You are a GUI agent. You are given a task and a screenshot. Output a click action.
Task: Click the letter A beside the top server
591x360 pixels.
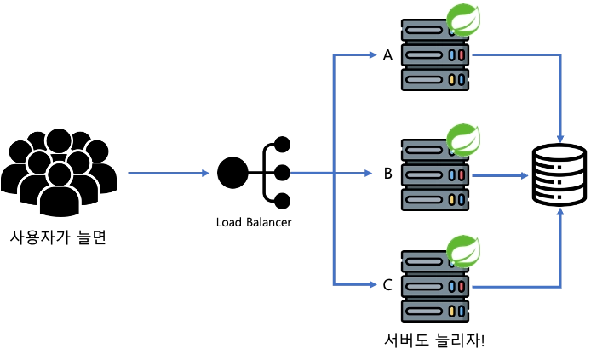click(387, 55)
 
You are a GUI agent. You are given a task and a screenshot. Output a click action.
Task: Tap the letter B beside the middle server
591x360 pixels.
click(387, 174)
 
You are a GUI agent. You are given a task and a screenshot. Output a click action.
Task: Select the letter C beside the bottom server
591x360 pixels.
click(387, 285)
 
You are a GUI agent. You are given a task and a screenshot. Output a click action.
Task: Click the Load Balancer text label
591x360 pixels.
click(254, 222)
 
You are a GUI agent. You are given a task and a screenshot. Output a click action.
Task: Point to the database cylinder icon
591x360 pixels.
click(559, 174)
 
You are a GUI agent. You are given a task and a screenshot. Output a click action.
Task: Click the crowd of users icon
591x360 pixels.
click(59, 173)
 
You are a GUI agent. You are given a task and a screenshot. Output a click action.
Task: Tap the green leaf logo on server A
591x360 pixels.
click(464, 20)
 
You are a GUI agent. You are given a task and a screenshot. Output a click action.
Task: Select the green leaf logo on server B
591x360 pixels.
click(464, 139)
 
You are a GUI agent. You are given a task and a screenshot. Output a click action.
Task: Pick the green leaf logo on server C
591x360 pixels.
click(464, 250)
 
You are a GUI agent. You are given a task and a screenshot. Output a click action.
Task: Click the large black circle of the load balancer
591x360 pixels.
click(233, 173)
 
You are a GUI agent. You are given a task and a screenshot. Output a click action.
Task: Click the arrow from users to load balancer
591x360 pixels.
click(169, 174)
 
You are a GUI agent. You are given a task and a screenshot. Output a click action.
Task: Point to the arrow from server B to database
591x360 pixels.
click(500, 175)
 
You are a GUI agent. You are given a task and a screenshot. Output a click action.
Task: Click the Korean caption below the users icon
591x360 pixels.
click(58, 237)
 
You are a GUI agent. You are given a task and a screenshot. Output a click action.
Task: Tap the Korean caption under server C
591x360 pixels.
click(434, 340)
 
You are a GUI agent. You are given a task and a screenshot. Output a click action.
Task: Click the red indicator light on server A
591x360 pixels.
click(462, 55)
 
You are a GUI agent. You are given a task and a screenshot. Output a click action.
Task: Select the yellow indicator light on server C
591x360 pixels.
click(452, 311)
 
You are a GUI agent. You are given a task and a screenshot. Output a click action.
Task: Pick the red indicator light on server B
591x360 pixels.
click(462, 175)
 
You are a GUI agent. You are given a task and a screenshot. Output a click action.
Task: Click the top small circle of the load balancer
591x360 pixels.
click(283, 144)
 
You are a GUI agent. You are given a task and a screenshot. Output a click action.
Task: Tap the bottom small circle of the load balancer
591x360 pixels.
click(283, 201)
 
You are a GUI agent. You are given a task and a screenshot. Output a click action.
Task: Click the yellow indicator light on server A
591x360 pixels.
click(452, 80)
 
